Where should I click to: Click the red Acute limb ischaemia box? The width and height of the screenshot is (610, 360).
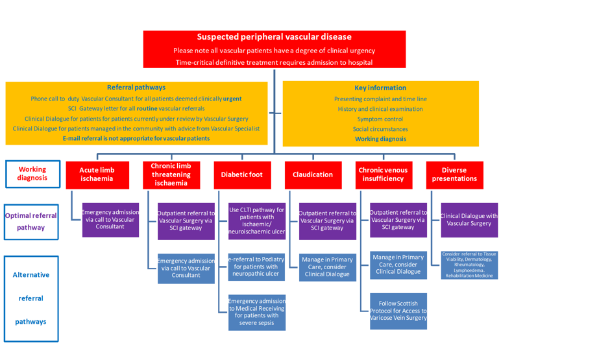96,174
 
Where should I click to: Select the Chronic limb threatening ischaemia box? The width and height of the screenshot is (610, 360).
171,174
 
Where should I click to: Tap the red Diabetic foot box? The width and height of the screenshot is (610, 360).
241,174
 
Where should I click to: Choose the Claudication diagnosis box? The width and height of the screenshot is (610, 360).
312,174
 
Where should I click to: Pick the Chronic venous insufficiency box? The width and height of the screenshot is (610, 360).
383,174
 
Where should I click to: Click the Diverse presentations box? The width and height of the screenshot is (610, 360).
454,174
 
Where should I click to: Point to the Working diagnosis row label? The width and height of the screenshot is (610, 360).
32,174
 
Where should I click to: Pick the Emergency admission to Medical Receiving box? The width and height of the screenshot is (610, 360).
256,312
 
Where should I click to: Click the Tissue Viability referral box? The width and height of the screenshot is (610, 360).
469,265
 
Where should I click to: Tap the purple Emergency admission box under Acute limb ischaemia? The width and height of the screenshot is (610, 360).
109,219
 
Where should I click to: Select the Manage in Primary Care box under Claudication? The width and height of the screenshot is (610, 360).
328,267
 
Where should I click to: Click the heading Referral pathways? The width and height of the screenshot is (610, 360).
136,88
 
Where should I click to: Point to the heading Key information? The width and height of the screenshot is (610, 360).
380,88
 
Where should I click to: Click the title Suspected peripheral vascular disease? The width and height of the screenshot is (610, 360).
274,37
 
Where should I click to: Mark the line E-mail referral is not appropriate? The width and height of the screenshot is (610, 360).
136,138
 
